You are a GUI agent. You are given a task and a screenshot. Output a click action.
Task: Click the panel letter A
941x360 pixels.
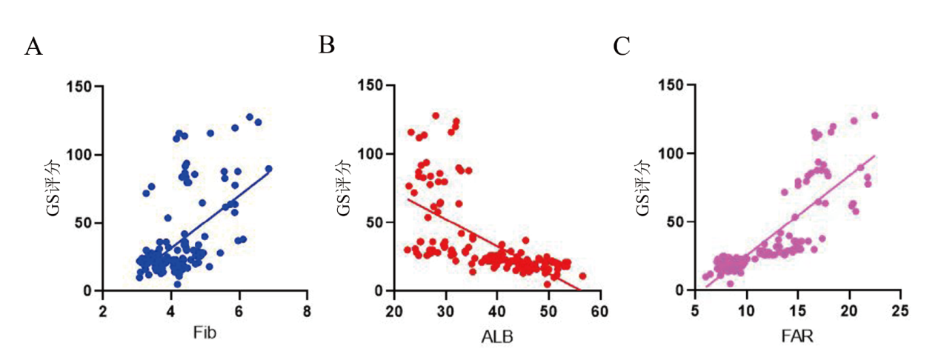click(x=33, y=47)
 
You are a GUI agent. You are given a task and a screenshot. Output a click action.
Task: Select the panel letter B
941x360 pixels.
click(x=326, y=45)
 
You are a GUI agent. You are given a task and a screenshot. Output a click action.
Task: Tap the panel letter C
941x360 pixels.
click(x=622, y=47)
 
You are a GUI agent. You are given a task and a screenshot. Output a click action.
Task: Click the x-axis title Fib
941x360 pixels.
click(x=205, y=333)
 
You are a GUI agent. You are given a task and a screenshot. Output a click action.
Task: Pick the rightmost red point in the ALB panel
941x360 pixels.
click(x=582, y=276)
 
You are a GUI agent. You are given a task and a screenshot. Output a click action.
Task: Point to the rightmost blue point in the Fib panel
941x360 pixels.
click(x=269, y=169)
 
